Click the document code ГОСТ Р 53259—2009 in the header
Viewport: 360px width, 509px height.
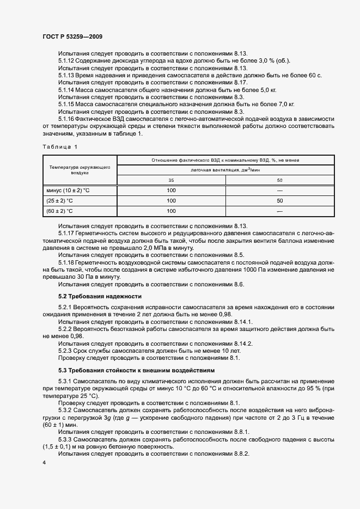pyautogui.click(x=72, y=36)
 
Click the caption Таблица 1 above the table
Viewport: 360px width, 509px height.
pyautogui.click(x=60, y=147)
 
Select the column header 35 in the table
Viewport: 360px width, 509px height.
pyautogui.click(x=171, y=180)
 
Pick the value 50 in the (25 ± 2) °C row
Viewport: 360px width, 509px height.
pyautogui.click(x=280, y=200)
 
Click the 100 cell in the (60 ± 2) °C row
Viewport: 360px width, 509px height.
pyautogui.click(x=171, y=211)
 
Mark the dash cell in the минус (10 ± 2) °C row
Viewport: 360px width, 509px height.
pyautogui.click(x=280, y=190)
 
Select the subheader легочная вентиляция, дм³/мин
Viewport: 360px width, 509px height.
pyautogui.click(x=225, y=170)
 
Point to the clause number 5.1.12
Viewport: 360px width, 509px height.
pyautogui.click(x=68, y=60)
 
